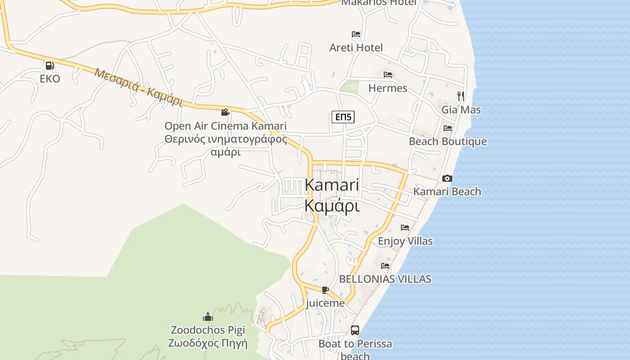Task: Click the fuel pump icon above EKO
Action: (x=49, y=66)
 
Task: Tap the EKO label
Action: (x=49, y=79)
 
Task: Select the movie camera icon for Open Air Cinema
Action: (x=225, y=112)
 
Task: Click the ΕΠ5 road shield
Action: (x=343, y=117)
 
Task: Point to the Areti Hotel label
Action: (x=356, y=47)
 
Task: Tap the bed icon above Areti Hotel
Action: (x=356, y=34)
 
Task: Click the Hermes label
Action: (x=387, y=88)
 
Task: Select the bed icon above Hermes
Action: (x=388, y=75)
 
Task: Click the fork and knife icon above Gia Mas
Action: (x=460, y=96)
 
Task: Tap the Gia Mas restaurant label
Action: (x=461, y=109)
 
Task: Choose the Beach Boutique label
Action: (x=447, y=141)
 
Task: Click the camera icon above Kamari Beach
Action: (x=447, y=179)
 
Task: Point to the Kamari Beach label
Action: (x=447, y=191)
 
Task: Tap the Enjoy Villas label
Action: (x=405, y=241)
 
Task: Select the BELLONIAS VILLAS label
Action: (x=385, y=279)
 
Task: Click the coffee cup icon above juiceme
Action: (x=325, y=290)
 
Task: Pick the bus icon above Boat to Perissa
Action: (x=355, y=330)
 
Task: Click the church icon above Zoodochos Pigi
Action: (x=207, y=317)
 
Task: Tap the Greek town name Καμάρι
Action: (x=332, y=206)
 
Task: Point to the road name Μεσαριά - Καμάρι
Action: (x=139, y=87)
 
